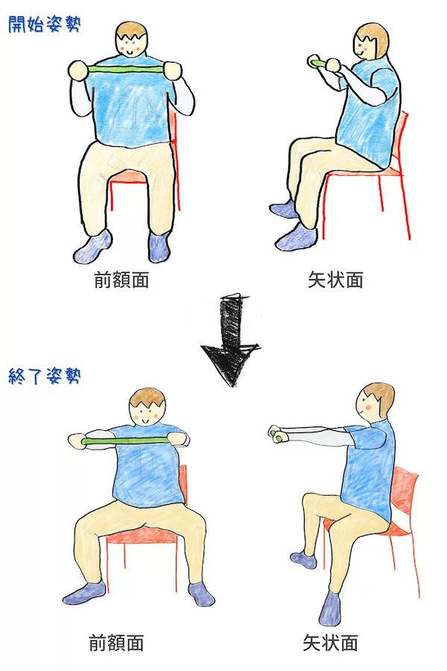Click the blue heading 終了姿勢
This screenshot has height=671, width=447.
44,375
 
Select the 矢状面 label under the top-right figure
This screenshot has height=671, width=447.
335,280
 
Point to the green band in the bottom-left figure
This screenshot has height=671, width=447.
127,441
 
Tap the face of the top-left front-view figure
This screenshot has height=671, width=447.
133,46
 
